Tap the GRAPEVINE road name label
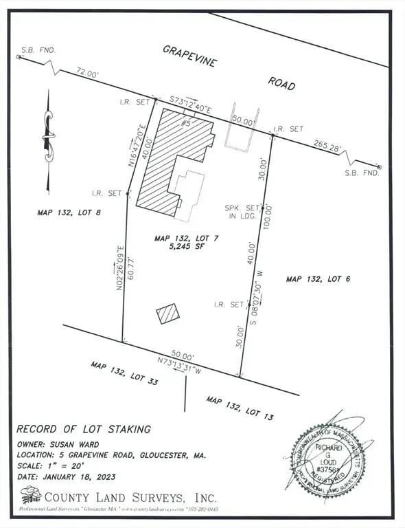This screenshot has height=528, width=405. [x=189, y=57]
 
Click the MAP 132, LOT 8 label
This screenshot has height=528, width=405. [x=69, y=213]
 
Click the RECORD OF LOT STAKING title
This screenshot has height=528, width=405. [x=83, y=430]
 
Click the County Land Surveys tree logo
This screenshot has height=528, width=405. [x=30, y=495]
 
